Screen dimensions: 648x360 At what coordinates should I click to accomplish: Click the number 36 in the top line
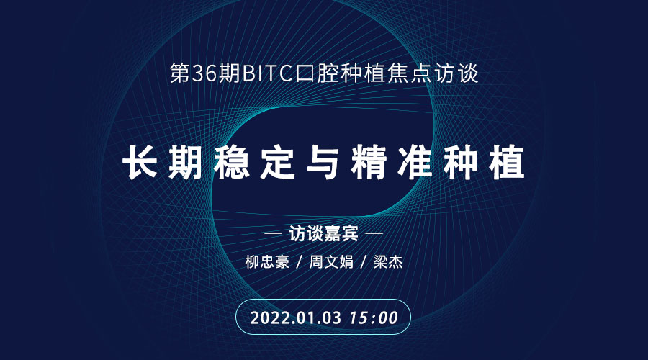[204, 73]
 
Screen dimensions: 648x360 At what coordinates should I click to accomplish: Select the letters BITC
[267, 73]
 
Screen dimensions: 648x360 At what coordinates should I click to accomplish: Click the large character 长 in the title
[140, 162]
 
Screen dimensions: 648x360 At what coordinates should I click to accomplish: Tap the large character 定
[278, 162]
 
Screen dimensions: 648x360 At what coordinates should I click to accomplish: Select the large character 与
[323, 162]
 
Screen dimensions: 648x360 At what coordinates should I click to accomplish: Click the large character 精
[369, 162]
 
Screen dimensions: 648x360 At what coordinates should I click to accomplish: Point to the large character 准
[415, 162]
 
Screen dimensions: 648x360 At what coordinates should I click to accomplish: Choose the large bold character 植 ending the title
[507, 162]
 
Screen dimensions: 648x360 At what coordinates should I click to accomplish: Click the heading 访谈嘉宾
[323, 234]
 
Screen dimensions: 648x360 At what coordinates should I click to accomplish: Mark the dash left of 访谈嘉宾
[273, 234]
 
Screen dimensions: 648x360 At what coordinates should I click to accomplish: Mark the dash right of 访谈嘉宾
[374, 234]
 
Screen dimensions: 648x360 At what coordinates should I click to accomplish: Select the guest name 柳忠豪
[267, 262]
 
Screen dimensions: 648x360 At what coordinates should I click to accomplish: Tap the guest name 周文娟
[331, 262]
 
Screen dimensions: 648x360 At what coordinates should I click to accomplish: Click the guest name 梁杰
[388, 262]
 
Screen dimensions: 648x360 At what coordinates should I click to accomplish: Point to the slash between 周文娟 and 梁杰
[364, 262]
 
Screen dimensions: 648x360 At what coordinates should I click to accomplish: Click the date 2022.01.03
[296, 318]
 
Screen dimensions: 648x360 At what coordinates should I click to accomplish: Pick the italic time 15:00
[374, 318]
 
